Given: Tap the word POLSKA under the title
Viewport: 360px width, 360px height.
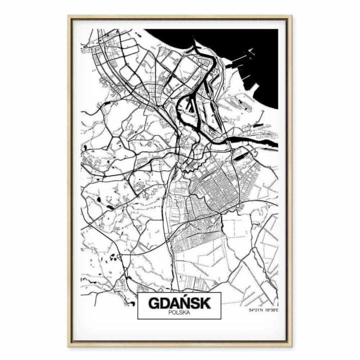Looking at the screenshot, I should point(179,313).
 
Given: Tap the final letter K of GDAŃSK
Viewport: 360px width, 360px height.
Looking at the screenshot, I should point(206,303).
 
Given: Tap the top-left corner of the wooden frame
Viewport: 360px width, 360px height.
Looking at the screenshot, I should point(69,16).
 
